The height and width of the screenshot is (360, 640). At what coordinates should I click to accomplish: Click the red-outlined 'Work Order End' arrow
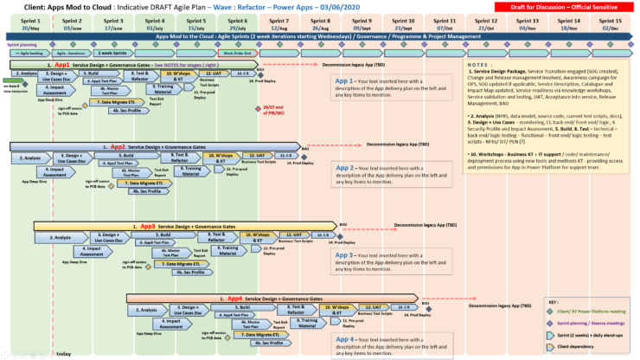[x=238, y=54]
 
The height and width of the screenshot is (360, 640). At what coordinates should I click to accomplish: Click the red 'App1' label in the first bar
[x=62, y=65]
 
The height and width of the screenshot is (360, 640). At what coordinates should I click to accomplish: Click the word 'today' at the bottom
[x=63, y=353]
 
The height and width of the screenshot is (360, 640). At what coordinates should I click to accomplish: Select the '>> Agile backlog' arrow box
[x=29, y=54]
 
